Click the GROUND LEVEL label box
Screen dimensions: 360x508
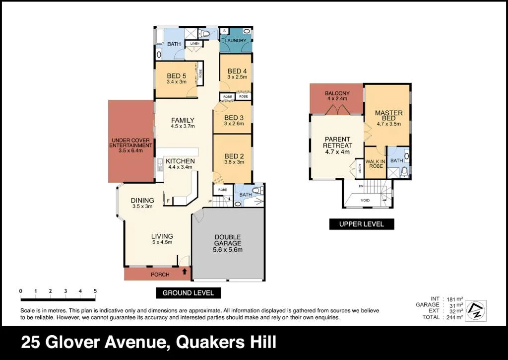pos(188,293)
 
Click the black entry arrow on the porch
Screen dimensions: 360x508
pos(185,271)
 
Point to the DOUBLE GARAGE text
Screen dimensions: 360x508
pos(228,240)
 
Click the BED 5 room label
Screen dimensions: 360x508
pos(176,76)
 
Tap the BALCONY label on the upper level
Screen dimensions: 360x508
pos(337,93)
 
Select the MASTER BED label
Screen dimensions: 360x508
pos(388,115)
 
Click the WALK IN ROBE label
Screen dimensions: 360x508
pos(376,164)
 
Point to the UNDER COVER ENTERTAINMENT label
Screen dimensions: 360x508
pos(131,143)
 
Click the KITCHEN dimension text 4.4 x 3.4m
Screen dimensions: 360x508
pos(179,167)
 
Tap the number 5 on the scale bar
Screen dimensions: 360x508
pos(95,291)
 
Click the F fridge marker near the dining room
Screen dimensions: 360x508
pos(168,200)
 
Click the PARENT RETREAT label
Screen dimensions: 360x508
pos(337,143)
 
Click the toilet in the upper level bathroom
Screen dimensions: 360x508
pos(404,171)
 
